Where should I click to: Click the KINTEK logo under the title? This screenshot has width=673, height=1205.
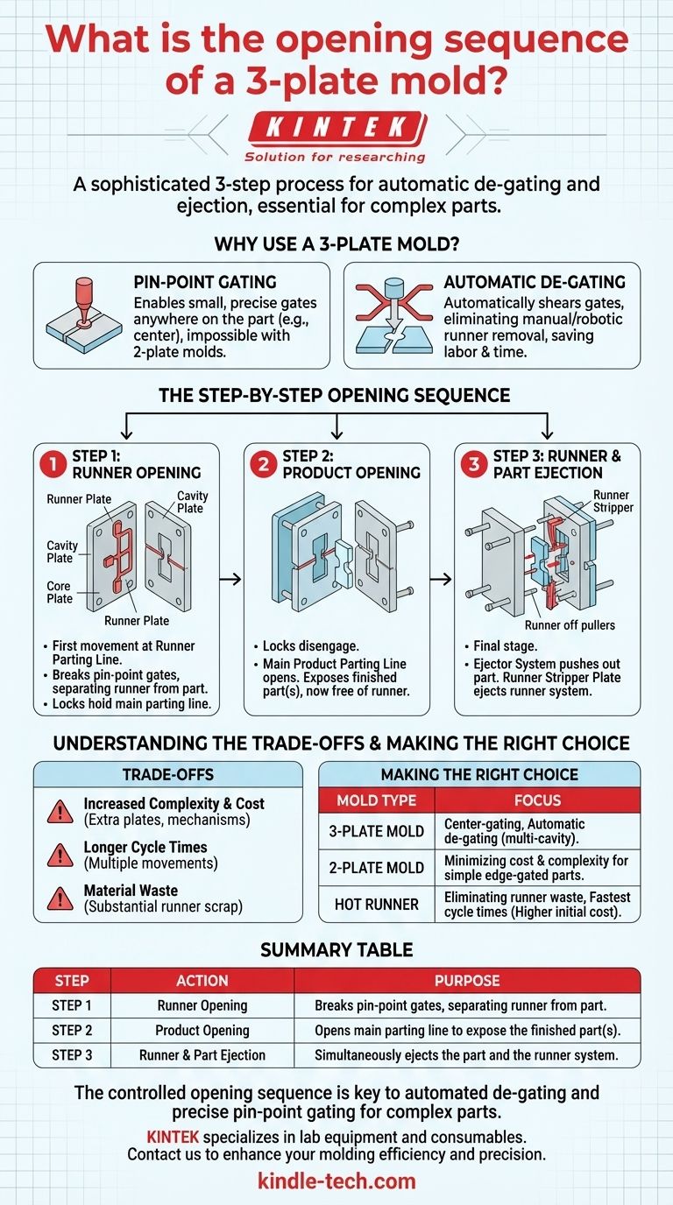[x=336, y=129]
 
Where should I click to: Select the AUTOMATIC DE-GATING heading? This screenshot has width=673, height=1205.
[x=534, y=283]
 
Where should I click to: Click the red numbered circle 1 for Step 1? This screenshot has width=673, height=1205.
[x=53, y=465]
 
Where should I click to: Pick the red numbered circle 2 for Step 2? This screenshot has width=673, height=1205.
[x=262, y=465]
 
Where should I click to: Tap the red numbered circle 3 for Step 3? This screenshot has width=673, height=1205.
[x=473, y=465]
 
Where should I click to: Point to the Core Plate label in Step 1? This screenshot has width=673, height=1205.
[x=60, y=592]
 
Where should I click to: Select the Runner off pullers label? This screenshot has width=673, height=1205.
[x=569, y=625]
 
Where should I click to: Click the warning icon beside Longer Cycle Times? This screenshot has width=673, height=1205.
[x=60, y=854]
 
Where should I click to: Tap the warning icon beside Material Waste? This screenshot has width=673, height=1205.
[x=60, y=898]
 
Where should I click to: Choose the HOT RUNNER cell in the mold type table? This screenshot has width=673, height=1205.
[x=376, y=904]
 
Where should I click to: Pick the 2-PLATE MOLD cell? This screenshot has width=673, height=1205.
[x=376, y=867]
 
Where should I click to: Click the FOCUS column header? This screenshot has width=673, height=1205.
[x=536, y=800]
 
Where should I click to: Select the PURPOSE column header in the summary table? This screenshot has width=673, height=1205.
[x=466, y=981]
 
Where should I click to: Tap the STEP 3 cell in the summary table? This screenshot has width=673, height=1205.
[x=73, y=1055]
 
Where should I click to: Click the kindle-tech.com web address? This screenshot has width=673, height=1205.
[x=336, y=1180]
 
